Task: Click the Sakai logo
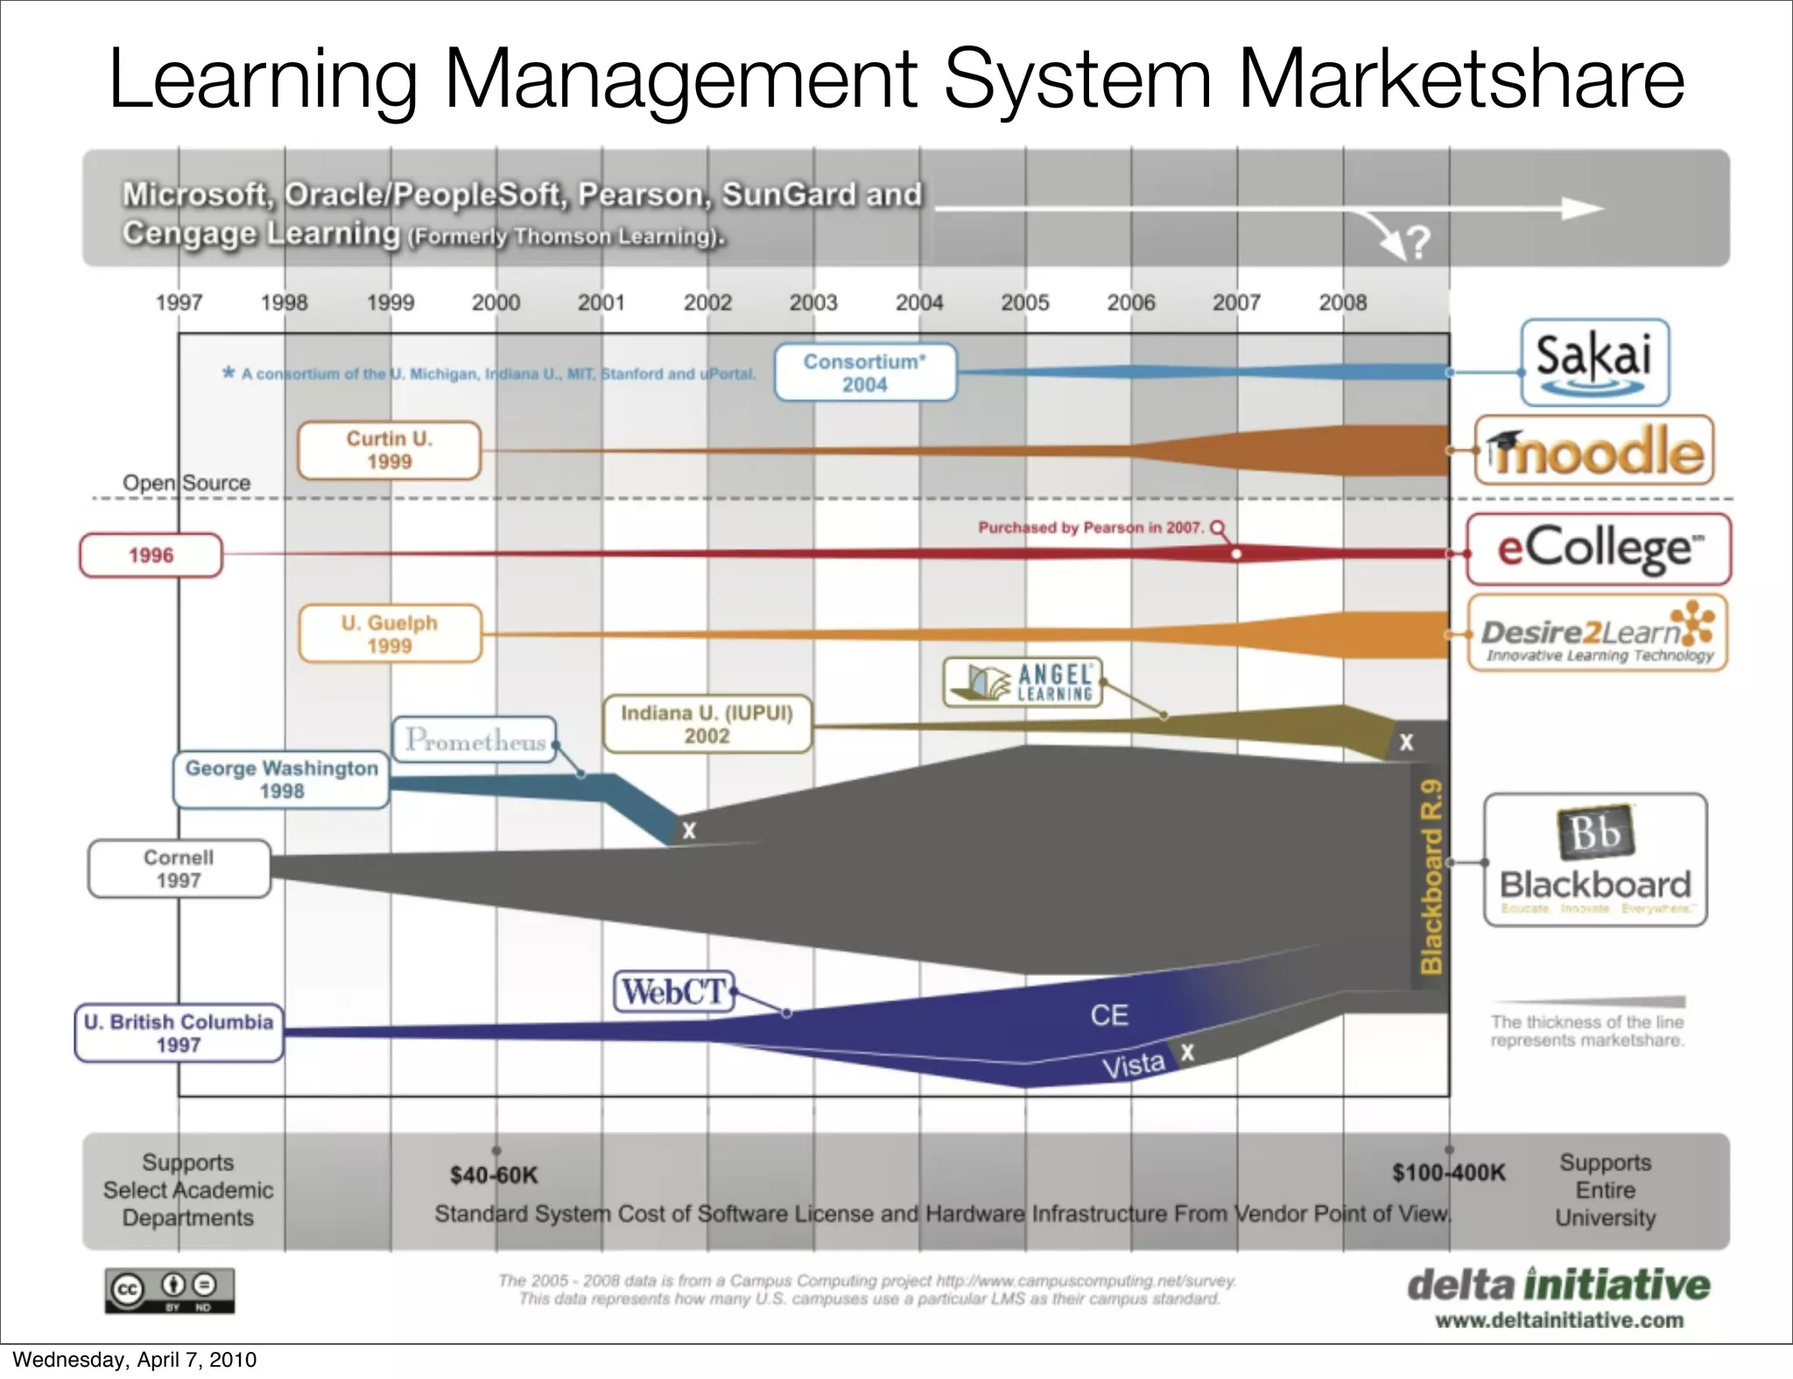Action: pos(1594,362)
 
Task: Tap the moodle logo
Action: pos(1594,451)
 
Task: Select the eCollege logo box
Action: pos(1599,549)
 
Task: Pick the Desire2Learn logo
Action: pos(1598,633)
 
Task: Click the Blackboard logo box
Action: pos(1595,860)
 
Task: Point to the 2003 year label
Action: pos(813,303)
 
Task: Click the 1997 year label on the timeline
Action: pos(179,303)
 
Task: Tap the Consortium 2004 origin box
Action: pos(865,373)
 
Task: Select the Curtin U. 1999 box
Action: pos(390,451)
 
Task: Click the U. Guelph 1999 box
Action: pos(390,634)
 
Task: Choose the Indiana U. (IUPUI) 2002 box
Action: pos(707,724)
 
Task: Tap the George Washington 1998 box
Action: pos(281,780)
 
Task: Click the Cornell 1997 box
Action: pos(179,869)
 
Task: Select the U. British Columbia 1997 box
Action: pos(179,1033)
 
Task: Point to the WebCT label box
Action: pos(673,991)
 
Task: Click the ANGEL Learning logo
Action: pos(1023,682)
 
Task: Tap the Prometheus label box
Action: pos(475,740)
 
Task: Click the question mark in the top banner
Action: pos(1418,241)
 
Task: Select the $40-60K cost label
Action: pos(494,1175)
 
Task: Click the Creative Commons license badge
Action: pos(170,1290)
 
